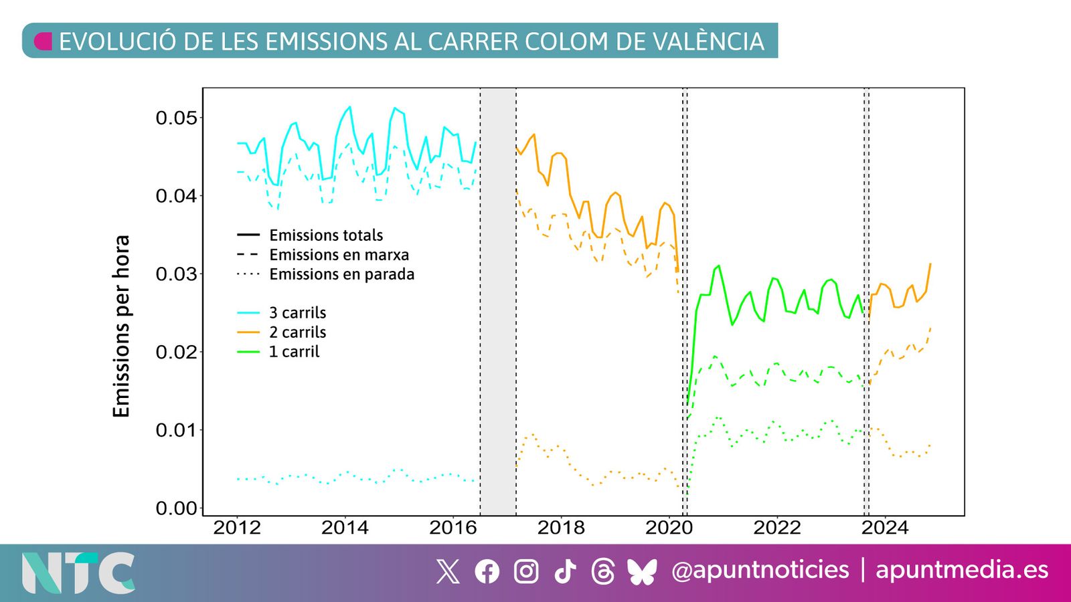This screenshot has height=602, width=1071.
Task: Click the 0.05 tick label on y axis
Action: coord(177,118)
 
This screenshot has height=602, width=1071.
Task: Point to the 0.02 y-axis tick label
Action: coord(177,353)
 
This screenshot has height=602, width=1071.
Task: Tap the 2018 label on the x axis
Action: coord(560,528)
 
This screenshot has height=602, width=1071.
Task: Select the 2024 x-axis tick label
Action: coord(884,528)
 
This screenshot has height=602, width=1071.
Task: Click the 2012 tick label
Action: coord(236,528)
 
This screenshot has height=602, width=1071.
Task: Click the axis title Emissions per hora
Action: coord(121,326)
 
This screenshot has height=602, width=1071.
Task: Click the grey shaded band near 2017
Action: coord(498,301)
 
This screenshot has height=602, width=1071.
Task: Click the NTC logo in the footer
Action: coord(78,573)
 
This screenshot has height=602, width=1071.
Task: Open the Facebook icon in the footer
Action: coord(487,571)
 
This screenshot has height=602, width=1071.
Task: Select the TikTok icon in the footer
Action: coord(565,571)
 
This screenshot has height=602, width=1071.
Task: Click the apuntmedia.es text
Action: coord(962,570)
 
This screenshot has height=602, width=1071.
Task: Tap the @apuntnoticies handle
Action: coord(760,570)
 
